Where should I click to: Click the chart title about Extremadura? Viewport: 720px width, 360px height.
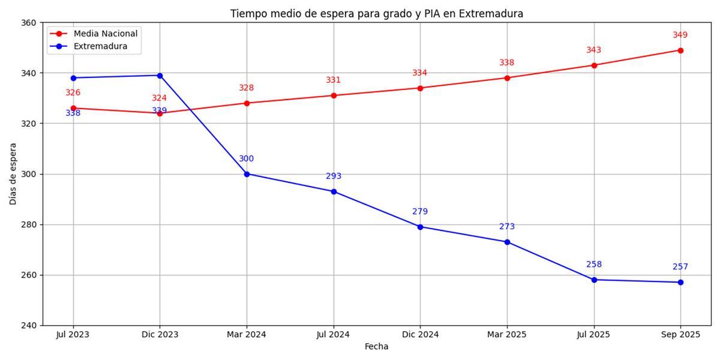pyautogui.click(x=376, y=13)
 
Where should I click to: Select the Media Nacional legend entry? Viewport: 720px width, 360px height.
pyautogui.click(x=105, y=34)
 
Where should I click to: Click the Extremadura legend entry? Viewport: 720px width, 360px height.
pyautogui.click(x=100, y=46)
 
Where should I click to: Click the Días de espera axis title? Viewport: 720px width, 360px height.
pyautogui.click(x=13, y=174)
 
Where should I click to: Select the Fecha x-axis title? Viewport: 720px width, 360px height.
pyautogui.click(x=376, y=347)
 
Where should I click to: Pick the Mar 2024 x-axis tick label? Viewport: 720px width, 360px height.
pyautogui.click(x=247, y=335)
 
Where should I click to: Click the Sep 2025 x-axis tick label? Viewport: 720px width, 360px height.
pyautogui.click(x=680, y=335)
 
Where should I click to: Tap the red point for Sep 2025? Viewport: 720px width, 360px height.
pyautogui.click(x=680, y=50)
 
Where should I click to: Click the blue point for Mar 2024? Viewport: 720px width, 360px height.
pyautogui.click(x=247, y=174)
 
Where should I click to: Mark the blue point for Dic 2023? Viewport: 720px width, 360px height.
pyautogui.click(x=160, y=76)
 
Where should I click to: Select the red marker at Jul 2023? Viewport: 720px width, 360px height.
pyautogui.click(x=73, y=108)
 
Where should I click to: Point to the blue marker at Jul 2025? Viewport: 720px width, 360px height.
pyautogui.click(x=594, y=280)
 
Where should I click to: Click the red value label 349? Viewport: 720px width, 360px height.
pyautogui.click(x=680, y=35)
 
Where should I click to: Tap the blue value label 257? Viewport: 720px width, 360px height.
pyautogui.click(x=680, y=267)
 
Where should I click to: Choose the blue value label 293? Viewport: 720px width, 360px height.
pyautogui.click(x=334, y=176)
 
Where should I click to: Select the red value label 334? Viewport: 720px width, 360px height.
pyautogui.click(x=420, y=73)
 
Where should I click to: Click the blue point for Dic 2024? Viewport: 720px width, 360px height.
pyautogui.click(x=420, y=227)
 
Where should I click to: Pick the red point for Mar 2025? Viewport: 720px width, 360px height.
pyautogui.click(x=507, y=78)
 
